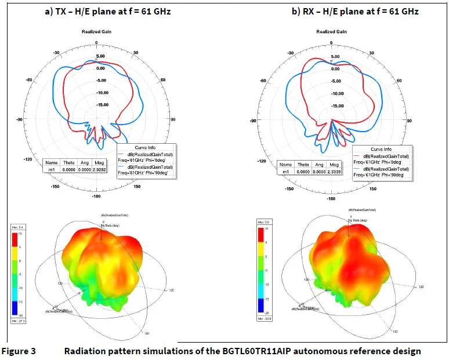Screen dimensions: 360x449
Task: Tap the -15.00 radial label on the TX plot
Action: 102,105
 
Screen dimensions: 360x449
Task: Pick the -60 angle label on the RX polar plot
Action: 262,81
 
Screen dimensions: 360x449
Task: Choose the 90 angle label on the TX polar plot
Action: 173,119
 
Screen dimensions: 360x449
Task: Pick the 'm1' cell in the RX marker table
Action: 285,172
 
